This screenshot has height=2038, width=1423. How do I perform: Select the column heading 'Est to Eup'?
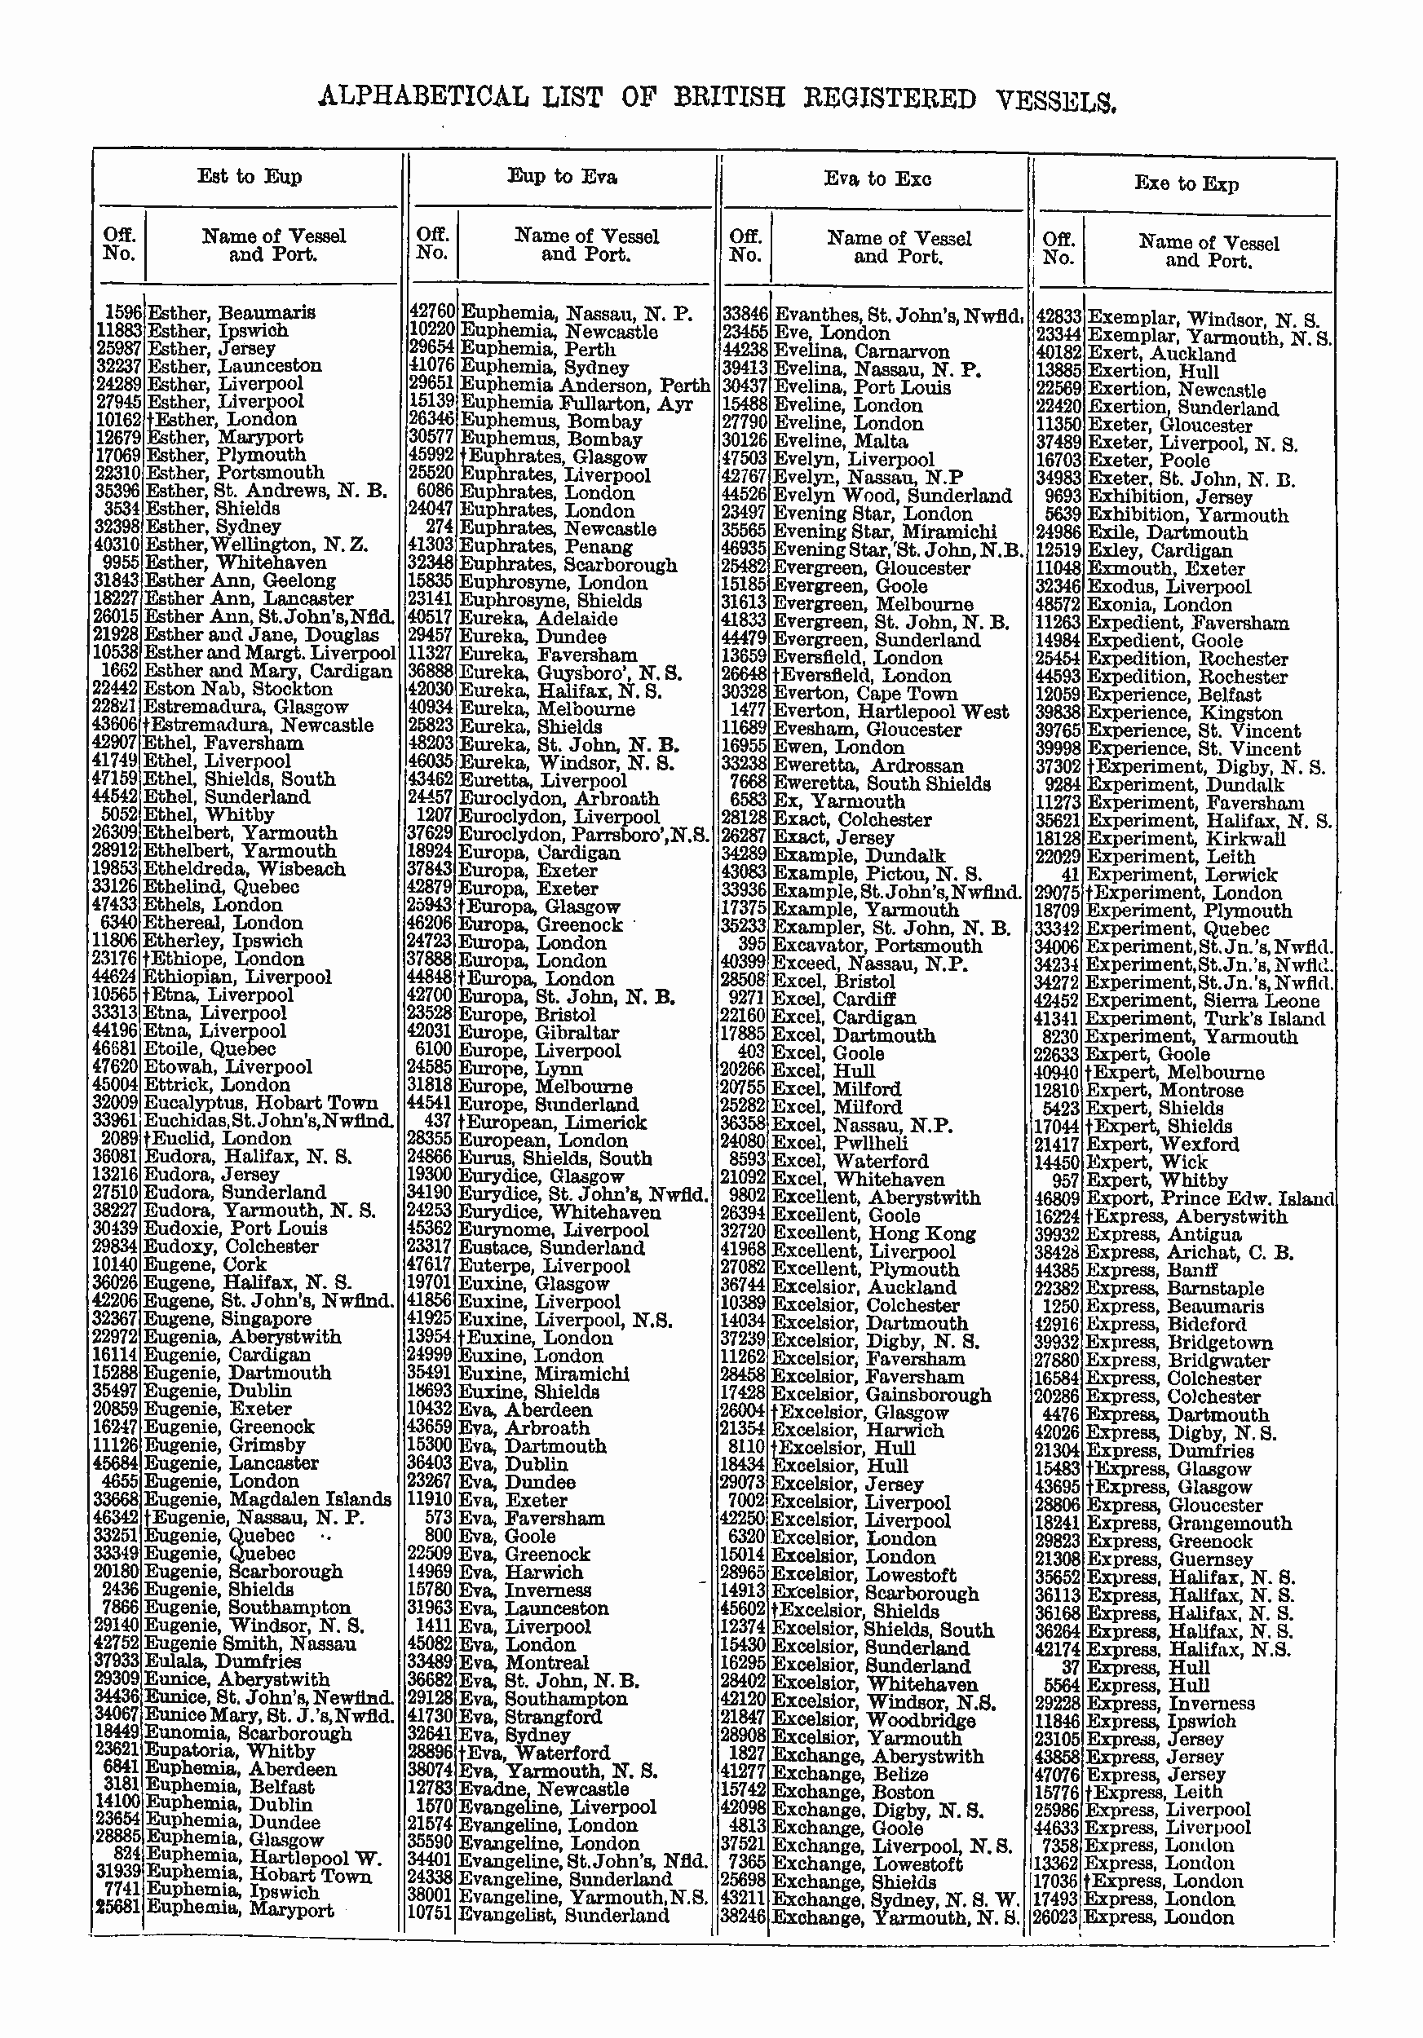tap(250, 177)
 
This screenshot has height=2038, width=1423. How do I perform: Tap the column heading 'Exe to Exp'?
tap(1186, 183)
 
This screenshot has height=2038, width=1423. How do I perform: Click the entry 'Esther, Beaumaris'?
tap(231, 312)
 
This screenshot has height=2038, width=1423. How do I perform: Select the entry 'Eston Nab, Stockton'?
tap(238, 689)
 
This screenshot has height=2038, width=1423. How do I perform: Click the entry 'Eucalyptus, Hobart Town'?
tap(260, 1102)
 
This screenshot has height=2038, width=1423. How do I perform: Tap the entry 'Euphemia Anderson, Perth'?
tap(585, 386)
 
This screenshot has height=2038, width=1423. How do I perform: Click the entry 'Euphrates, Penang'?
tap(545, 547)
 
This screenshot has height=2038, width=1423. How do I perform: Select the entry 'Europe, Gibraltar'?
tap(538, 1032)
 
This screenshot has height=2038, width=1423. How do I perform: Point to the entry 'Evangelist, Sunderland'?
tap(563, 1915)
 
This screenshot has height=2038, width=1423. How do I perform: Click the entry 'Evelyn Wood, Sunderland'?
tap(892, 496)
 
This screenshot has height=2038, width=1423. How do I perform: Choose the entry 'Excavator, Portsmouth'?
tap(877, 946)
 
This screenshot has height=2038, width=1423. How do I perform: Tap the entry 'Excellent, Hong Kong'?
tap(873, 1234)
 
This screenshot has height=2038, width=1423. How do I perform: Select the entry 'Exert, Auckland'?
tap(1161, 354)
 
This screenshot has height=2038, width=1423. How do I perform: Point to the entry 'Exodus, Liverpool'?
tap(1169, 587)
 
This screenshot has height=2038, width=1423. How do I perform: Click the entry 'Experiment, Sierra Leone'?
tap(1202, 1000)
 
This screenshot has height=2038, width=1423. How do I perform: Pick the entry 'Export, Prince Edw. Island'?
tap(1210, 1198)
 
